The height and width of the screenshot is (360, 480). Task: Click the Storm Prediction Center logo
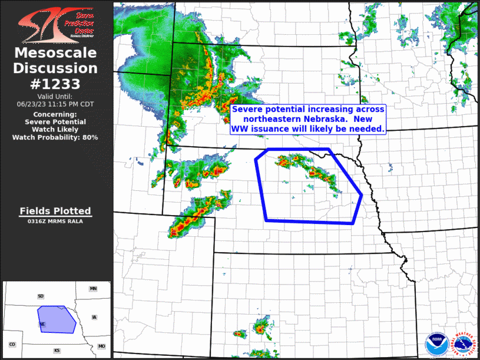tap(56, 24)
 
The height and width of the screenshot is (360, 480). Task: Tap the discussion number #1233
tap(56, 84)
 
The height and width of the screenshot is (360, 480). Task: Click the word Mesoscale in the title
tap(56, 53)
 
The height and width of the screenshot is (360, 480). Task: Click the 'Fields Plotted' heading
tap(55, 211)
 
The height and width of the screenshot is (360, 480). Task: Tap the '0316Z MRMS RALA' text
tap(55, 222)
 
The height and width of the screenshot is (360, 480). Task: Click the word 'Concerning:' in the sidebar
tap(55, 114)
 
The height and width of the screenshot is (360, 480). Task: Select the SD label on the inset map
tap(41, 296)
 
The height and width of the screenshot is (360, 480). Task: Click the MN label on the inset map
tap(93, 289)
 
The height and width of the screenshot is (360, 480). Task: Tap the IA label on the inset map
tap(94, 317)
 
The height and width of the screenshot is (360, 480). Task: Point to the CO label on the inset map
tap(12, 344)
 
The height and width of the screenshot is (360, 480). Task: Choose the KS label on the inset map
tap(57, 351)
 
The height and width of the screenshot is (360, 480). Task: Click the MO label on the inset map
tap(101, 346)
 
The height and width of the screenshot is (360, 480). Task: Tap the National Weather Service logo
tap(464, 344)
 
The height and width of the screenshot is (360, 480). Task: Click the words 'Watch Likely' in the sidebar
tap(55, 130)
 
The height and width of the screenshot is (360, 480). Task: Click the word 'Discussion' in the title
tap(56, 68)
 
